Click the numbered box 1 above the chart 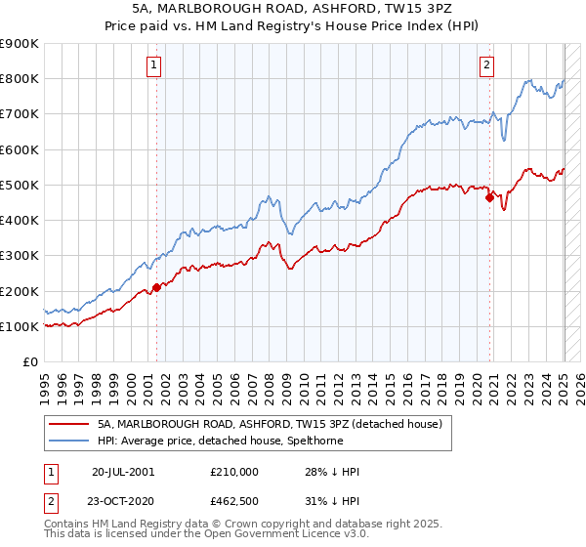(155, 65)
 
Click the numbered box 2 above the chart (486, 65)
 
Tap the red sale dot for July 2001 (156, 287)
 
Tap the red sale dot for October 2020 (490, 197)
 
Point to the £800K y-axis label (20, 79)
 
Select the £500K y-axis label (20, 185)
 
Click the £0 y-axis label (29, 362)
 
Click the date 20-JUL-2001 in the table (123, 472)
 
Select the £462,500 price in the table (234, 500)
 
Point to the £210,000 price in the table (234, 472)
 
